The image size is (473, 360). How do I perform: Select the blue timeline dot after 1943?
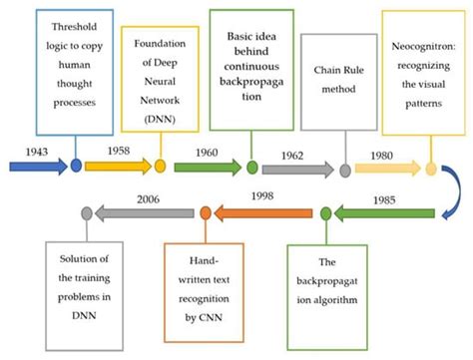[76, 167]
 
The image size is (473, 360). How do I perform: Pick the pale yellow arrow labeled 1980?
[383, 169]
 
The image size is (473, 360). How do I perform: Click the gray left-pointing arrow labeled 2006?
[145, 212]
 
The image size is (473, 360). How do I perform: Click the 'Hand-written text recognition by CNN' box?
[206, 290]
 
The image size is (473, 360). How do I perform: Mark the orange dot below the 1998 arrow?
[206, 212]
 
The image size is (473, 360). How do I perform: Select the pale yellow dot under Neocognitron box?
[431, 169]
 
